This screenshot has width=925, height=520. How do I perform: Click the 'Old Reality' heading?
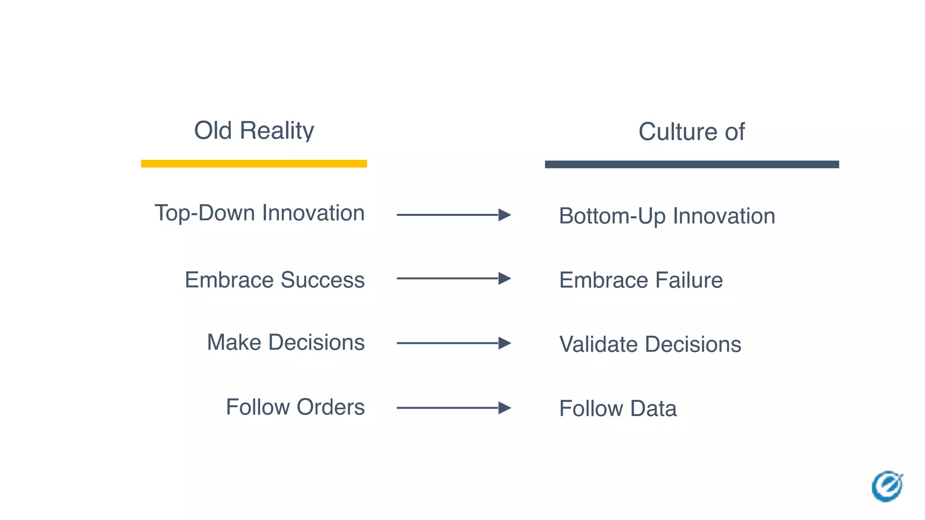coord(254,131)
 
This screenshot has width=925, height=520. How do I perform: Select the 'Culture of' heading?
coord(691,132)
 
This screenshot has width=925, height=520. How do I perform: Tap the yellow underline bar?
coord(254,163)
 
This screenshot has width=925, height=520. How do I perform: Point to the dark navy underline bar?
coord(691,164)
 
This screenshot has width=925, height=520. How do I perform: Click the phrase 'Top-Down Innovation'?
coord(259,213)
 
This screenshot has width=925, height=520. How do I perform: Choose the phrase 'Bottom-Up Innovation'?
coord(667,216)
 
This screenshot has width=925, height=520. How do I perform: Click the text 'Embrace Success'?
coord(275,280)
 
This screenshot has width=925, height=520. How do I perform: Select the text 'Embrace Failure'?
coord(640,280)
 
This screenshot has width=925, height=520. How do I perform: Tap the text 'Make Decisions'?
coord(285,342)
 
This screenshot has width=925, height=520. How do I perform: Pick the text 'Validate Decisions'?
coord(650,344)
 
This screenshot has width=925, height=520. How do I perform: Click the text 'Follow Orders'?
coord(295,407)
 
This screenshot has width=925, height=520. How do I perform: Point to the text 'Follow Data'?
coord(617,409)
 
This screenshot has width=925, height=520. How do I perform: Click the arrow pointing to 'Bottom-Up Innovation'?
coord(453,215)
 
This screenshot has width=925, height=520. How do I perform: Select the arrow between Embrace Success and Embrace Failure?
coord(453,279)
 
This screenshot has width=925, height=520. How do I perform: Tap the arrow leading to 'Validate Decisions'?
coord(453,343)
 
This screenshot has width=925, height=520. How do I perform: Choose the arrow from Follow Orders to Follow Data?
coord(453,408)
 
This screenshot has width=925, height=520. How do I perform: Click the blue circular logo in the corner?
coord(887,486)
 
